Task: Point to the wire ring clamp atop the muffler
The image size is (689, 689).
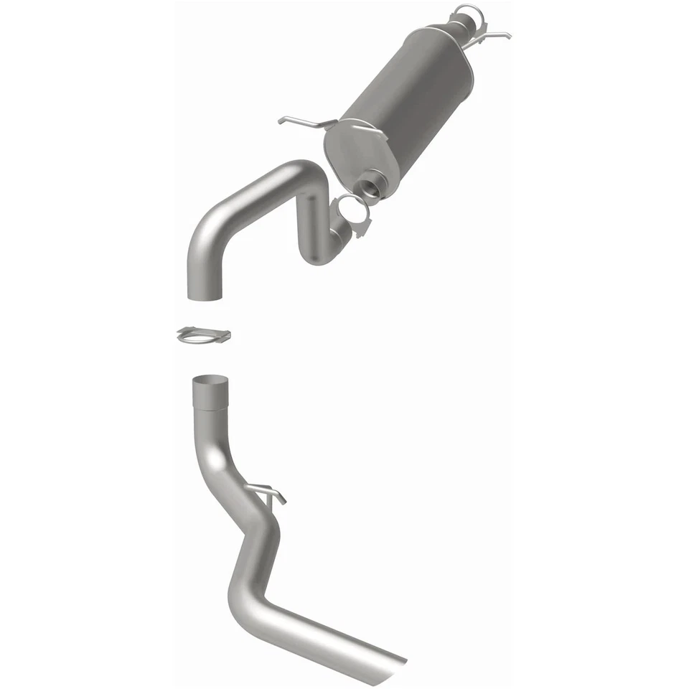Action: (x=466, y=13)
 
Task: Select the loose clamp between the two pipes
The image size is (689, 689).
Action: (x=203, y=334)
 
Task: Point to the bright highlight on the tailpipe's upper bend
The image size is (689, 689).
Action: (x=215, y=459)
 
